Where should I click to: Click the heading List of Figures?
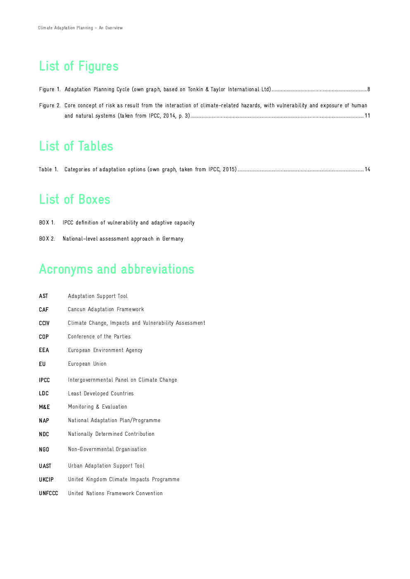pos(79,66)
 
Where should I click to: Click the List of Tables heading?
pos(76,146)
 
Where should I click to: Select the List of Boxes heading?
pos(74,199)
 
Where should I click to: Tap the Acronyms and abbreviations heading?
pos(117,269)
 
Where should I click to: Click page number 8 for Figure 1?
pos(368,90)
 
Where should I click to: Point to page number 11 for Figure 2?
pos(367,116)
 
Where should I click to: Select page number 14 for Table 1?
pos(367,170)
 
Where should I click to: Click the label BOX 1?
pos(47,223)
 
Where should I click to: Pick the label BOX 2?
pos(47,239)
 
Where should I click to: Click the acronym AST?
pos(43,296)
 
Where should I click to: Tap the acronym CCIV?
pos(44,323)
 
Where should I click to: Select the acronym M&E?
pos(44,407)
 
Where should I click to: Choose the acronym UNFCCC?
pos(48,493)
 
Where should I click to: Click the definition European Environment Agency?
pos(105,350)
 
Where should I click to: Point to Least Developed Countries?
pos(100,394)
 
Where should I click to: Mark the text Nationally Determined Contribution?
pos(111,434)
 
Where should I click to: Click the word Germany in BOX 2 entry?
pos(173,239)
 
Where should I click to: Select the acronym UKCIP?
pos(46,480)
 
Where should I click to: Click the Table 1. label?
pos(48,170)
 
